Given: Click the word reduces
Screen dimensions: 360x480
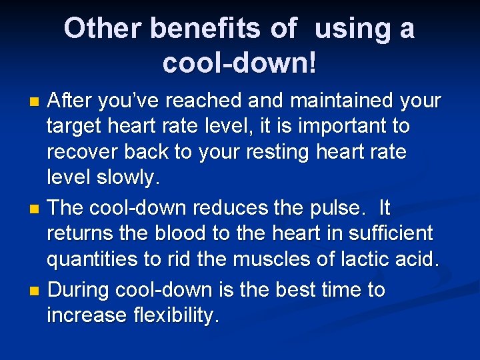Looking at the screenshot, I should coord(233,208).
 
